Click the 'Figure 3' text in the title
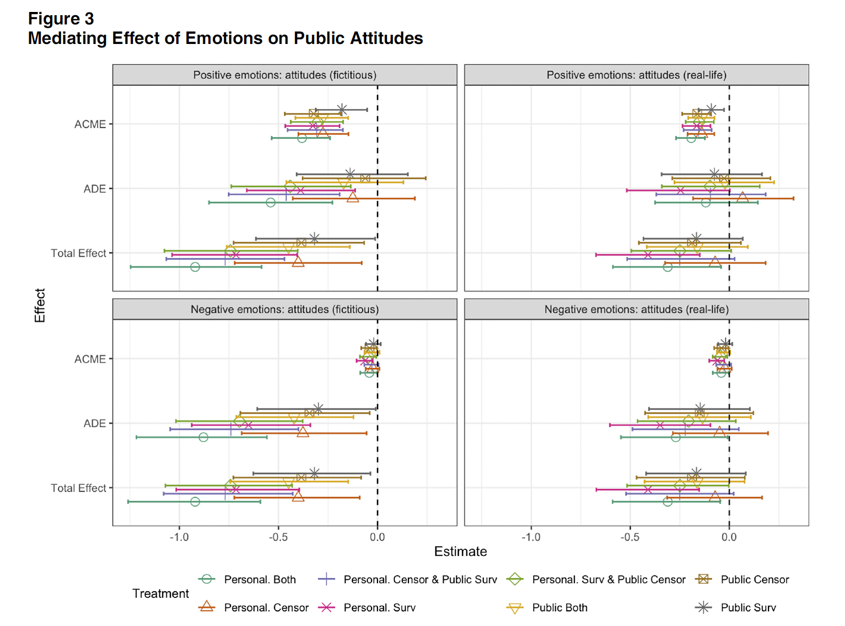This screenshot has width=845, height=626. click(x=61, y=19)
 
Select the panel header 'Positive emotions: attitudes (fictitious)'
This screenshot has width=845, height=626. click(x=284, y=75)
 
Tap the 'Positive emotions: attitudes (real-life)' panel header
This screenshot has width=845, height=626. click(x=636, y=75)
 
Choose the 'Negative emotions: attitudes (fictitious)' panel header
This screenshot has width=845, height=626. click(x=284, y=309)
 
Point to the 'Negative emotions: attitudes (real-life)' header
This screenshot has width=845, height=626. click(x=636, y=309)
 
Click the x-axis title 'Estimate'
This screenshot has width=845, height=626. click(x=460, y=552)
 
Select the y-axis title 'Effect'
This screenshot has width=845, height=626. click(x=40, y=306)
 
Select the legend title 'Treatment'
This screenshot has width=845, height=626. click(x=161, y=593)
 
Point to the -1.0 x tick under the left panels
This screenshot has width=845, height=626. click(x=179, y=537)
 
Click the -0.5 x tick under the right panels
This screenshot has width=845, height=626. click(x=630, y=537)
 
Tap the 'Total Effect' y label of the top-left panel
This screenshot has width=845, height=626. click(x=78, y=253)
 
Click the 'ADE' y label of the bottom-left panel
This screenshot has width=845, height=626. click(x=94, y=423)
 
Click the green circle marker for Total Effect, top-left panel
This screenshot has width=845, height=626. click(x=195, y=267)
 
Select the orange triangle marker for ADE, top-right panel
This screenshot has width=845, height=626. click(x=742, y=198)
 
